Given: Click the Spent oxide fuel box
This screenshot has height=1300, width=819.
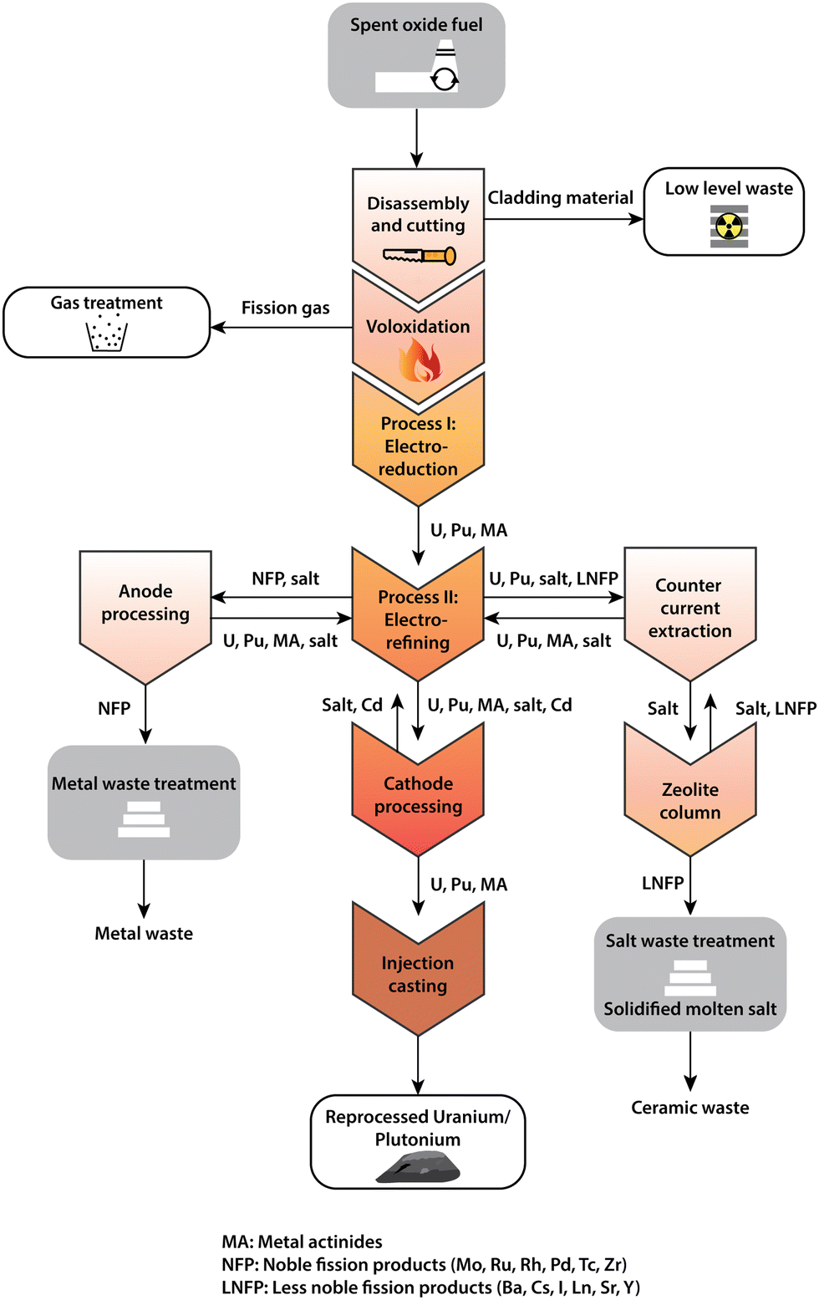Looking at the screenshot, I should tap(416, 55).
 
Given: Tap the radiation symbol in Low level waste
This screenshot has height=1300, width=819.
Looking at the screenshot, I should tap(730, 227).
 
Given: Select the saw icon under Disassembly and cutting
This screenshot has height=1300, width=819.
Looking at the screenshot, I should tap(419, 255).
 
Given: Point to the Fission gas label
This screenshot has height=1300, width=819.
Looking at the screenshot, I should tap(285, 308).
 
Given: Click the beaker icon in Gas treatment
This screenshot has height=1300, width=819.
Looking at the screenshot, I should tap(107, 334).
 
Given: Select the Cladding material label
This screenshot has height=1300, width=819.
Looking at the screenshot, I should tap(560, 197).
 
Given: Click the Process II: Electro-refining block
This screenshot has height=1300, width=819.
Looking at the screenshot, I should tap(418, 619).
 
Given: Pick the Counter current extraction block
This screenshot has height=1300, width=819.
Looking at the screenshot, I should tap(689, 609).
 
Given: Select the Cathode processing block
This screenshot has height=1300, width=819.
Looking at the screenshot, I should tap(418, 794).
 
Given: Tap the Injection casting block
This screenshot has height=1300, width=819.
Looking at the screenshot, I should tap(418, 974).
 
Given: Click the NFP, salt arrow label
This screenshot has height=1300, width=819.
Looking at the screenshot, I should tap(285, 579).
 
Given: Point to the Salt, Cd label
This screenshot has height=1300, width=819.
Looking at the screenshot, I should tap(352, 705).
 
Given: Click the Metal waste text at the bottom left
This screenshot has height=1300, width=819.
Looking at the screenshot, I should tap(144, 933).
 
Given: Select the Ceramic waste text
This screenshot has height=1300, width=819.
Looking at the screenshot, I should tap(689, 1107).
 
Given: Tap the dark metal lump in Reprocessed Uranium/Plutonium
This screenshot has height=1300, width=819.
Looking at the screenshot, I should tap(418, 1167).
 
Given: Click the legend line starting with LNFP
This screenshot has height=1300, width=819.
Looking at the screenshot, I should tap(430, 1287).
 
